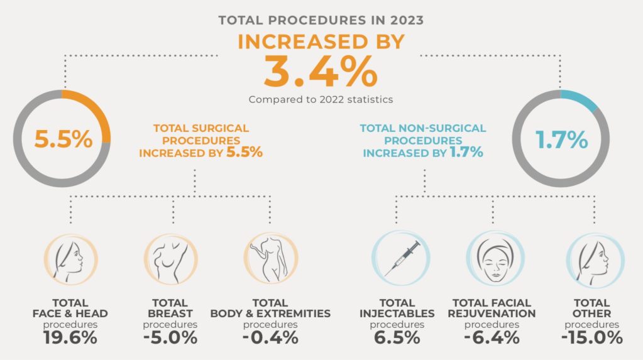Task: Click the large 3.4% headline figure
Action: (x=321, y=72)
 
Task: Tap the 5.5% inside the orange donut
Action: (x=63, y=139)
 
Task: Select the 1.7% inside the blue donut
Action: (x=561, y=139)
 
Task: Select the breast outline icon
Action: (x=170, y=258)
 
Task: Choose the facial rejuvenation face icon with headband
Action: (x=494, y=258)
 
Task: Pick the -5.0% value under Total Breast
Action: (x=170, y=337)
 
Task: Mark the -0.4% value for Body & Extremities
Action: (x=270, y=337)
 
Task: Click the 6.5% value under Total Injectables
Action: (x=397, y=337)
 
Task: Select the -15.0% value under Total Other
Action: (x=592, y=337)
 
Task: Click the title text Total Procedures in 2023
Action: (x=321, y=20)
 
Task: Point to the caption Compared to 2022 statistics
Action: (x=321, y=99)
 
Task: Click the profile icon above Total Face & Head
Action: (x=70, y=258)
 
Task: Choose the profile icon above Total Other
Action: (x=595, y=258)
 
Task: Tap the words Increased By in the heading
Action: (x=321, y=41)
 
